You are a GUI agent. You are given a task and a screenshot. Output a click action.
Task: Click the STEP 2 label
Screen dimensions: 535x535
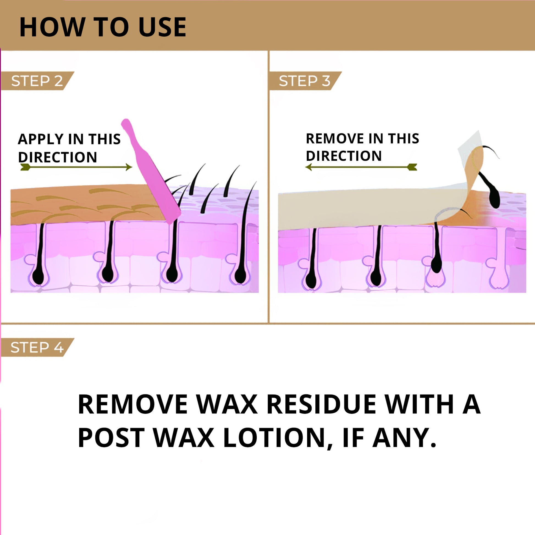point(37,81)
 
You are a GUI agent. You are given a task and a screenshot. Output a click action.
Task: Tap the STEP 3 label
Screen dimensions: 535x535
point(304,81)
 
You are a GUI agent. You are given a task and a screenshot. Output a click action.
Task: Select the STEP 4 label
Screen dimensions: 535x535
point(37,347)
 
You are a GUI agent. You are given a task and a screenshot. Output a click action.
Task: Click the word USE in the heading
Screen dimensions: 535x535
point(162,27)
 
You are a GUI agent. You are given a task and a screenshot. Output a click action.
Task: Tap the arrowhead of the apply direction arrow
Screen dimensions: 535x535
point(129,167)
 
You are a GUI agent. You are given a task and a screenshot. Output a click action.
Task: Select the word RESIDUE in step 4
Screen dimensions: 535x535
point(321,404)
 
